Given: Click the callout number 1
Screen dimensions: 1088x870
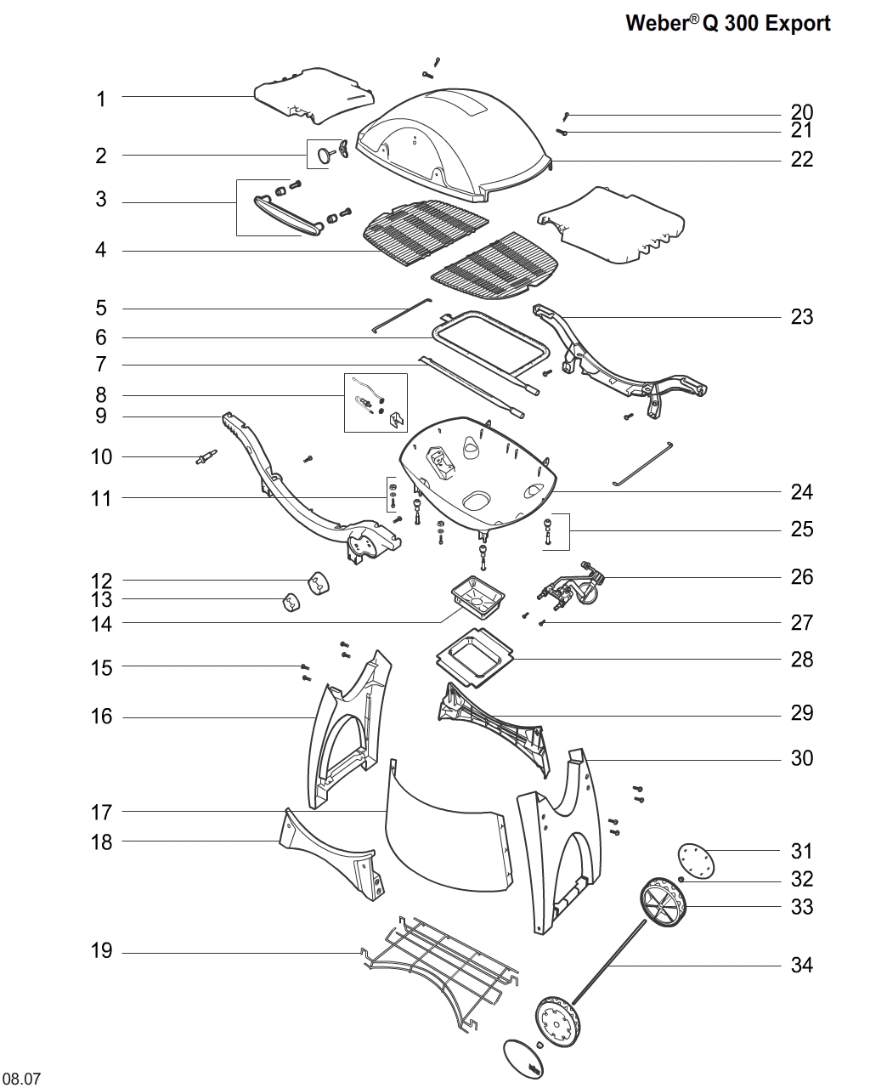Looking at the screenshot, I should tap(101, 99).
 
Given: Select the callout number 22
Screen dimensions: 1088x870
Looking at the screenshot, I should tap(802, 159).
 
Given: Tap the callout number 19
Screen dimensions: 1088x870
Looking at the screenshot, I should tap(101, 950).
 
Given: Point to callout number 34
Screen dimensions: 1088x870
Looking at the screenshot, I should tap(802, 965).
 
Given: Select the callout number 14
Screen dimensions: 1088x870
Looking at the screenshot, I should tap(101, 623).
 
